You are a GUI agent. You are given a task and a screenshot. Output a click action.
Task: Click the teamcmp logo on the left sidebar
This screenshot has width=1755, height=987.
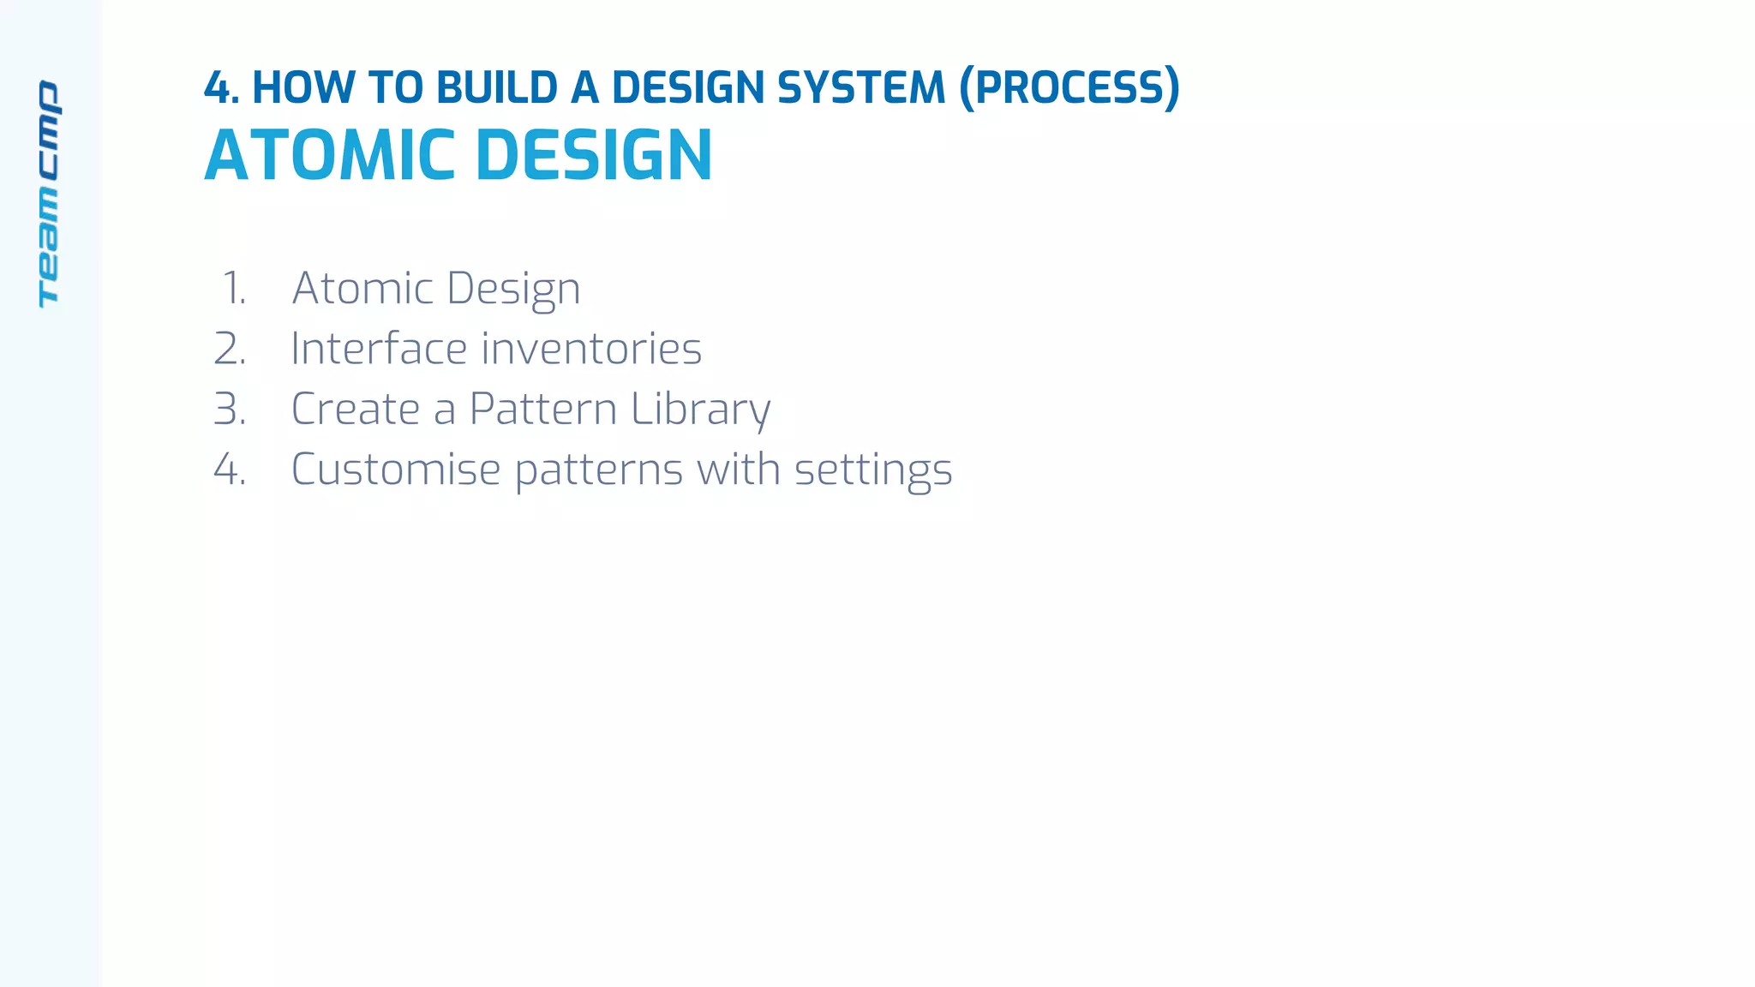click(x=49, y=194)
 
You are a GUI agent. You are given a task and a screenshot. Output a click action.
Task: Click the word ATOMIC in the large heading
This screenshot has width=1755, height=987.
click(x=330, y=156)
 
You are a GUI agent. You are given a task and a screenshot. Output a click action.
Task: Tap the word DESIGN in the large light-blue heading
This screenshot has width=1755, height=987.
click(x=593, y=156)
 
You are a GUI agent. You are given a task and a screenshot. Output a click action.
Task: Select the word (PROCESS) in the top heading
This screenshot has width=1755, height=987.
click(x=1069, y=87)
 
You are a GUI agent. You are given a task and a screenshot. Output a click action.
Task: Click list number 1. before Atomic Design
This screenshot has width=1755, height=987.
click(x=233, y=288)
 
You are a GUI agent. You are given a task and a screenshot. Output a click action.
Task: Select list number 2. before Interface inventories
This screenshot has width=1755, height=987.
click(x=230, y=349)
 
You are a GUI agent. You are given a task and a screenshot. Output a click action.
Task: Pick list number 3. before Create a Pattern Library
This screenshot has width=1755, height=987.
click(x=230, y=409)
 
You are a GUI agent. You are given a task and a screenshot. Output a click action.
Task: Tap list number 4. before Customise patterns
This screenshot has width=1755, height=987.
click(x=230, y=470)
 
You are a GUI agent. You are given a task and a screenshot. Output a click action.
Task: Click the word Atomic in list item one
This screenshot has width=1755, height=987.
click(x=362, y=288)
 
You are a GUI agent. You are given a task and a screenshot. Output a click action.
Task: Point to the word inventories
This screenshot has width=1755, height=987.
click(x=591, y=349)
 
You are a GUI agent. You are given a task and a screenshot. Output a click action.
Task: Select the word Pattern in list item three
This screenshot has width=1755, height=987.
click(x=543, y=409)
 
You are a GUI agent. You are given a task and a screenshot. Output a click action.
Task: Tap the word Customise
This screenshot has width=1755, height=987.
click(x=396, y=470)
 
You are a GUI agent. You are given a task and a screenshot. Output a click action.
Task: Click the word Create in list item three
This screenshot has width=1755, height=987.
click(x=356, y=409)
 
